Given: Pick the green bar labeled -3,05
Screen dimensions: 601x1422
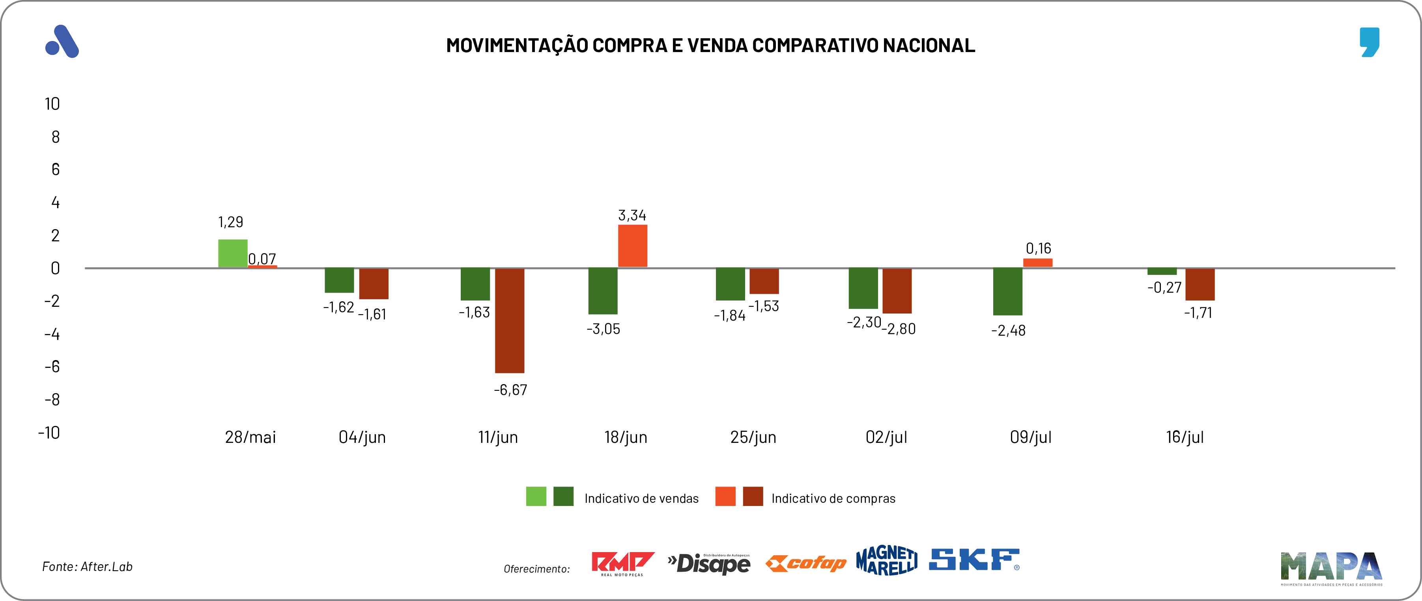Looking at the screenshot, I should point(602,291).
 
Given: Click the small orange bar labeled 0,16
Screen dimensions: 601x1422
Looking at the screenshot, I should point(1037,263).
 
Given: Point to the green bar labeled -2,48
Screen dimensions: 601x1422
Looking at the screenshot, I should point(1007,291).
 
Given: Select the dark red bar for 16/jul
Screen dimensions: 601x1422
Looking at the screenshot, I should point(1200,284).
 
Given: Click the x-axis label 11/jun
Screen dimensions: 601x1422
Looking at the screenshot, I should point(498,437).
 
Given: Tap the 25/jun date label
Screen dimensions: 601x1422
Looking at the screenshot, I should point(753,437).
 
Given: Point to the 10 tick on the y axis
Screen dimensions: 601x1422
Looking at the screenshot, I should point(52,104).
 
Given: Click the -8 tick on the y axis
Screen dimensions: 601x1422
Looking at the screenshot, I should point(52,399).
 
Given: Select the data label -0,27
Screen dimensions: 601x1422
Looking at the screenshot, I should point(1164,287).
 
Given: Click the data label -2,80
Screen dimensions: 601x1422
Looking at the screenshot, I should point(899,329).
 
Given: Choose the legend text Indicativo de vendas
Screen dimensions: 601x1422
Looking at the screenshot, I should point(641,498).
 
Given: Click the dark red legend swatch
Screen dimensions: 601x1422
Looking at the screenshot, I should point(752,496).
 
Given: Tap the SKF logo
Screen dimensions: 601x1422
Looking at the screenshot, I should point(974,560).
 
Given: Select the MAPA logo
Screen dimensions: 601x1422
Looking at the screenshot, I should point(1331,567).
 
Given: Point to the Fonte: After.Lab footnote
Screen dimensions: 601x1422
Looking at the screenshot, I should point(87,567).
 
